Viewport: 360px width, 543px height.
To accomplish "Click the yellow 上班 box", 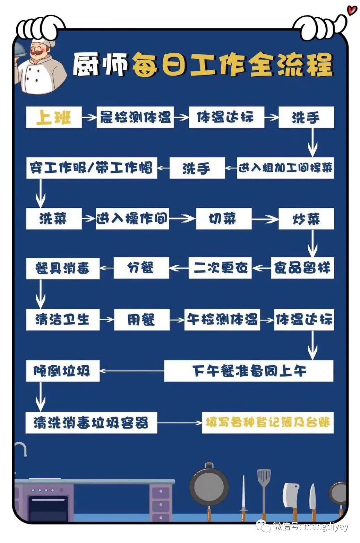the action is click(x=54, y=117).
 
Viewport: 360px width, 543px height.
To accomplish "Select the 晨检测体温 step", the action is click(x=135, y=117).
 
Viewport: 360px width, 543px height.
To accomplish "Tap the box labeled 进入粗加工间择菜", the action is click(x=285, y=168).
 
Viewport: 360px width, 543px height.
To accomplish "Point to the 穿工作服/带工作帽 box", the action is click(x=92, y=168).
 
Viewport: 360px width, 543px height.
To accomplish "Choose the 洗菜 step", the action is click(x=54, y=219).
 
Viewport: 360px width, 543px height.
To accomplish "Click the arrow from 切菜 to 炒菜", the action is click(x=265, y=219).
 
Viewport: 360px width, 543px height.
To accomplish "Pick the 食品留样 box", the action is click(x=302, y=268).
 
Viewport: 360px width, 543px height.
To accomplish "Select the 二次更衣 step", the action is click(x=220, y=268).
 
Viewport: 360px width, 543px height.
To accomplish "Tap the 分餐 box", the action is click(x=141, y=268).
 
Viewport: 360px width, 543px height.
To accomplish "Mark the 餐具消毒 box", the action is click(x=63, y=268).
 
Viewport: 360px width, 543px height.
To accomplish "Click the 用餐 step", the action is click(x=142, y=320).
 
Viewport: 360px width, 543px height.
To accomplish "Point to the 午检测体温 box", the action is click(x=222, y=320).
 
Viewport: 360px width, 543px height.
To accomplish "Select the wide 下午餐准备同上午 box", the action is click(x=249, y=371).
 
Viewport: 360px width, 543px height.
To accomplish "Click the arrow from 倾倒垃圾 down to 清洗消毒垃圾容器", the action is click(x=41, y=397).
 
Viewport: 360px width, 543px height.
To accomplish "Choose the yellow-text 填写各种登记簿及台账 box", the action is click(x=267, y=423).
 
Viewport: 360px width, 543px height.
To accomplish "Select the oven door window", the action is click(x=48, y=508).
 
